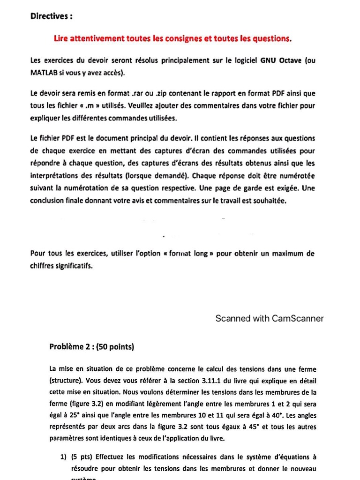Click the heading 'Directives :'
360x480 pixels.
(52, 16)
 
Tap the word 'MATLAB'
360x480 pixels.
(44, 72)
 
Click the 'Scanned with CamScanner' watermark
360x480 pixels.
(269, 319)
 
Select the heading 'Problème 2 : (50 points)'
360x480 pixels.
(92, 347)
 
